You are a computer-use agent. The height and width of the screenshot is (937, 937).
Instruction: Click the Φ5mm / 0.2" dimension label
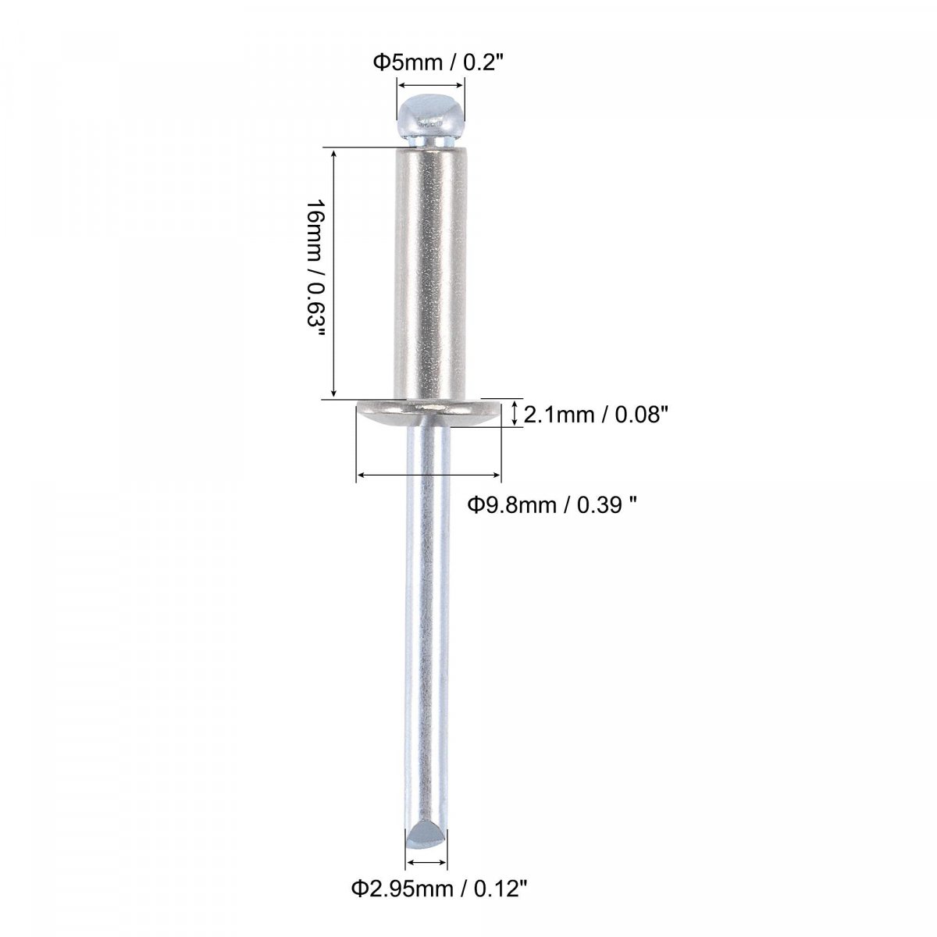436,62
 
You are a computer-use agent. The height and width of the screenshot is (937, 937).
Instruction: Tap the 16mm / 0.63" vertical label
316,271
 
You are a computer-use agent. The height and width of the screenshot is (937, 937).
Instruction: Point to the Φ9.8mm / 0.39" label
552,505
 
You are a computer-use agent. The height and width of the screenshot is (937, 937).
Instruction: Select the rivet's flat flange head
429,414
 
